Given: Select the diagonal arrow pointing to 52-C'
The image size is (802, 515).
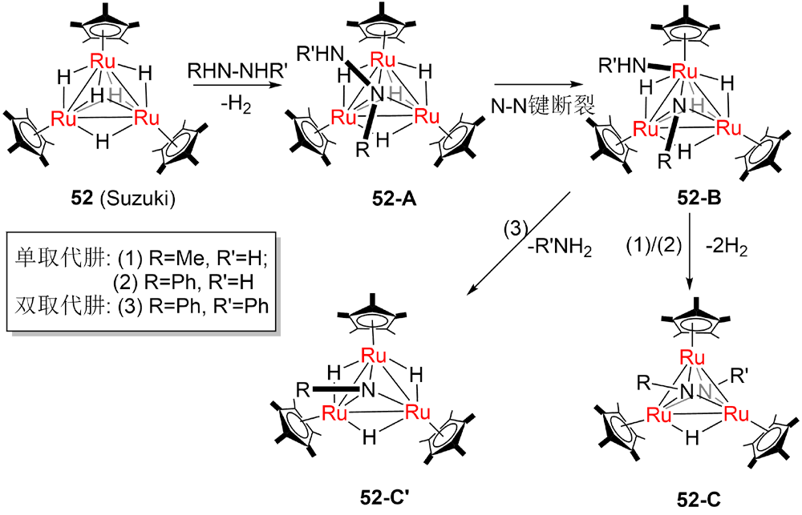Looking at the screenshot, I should pyautogui.click(x=521, y=240).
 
